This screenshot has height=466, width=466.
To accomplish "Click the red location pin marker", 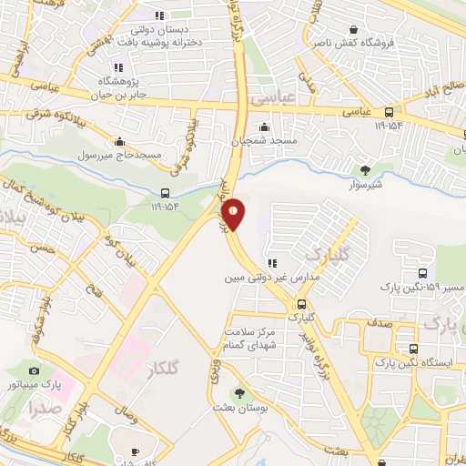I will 234,213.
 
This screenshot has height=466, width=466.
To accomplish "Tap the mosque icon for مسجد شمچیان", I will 264,127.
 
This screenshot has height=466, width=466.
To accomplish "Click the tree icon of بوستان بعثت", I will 239,394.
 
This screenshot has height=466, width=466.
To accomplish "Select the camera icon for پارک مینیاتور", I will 35,370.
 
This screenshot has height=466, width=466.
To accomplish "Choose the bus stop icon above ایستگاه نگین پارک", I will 414,349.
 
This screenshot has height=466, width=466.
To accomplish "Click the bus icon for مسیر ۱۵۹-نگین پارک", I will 422,273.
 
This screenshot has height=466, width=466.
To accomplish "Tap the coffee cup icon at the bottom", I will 135,451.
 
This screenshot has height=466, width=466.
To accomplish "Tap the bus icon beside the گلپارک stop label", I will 300,305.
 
